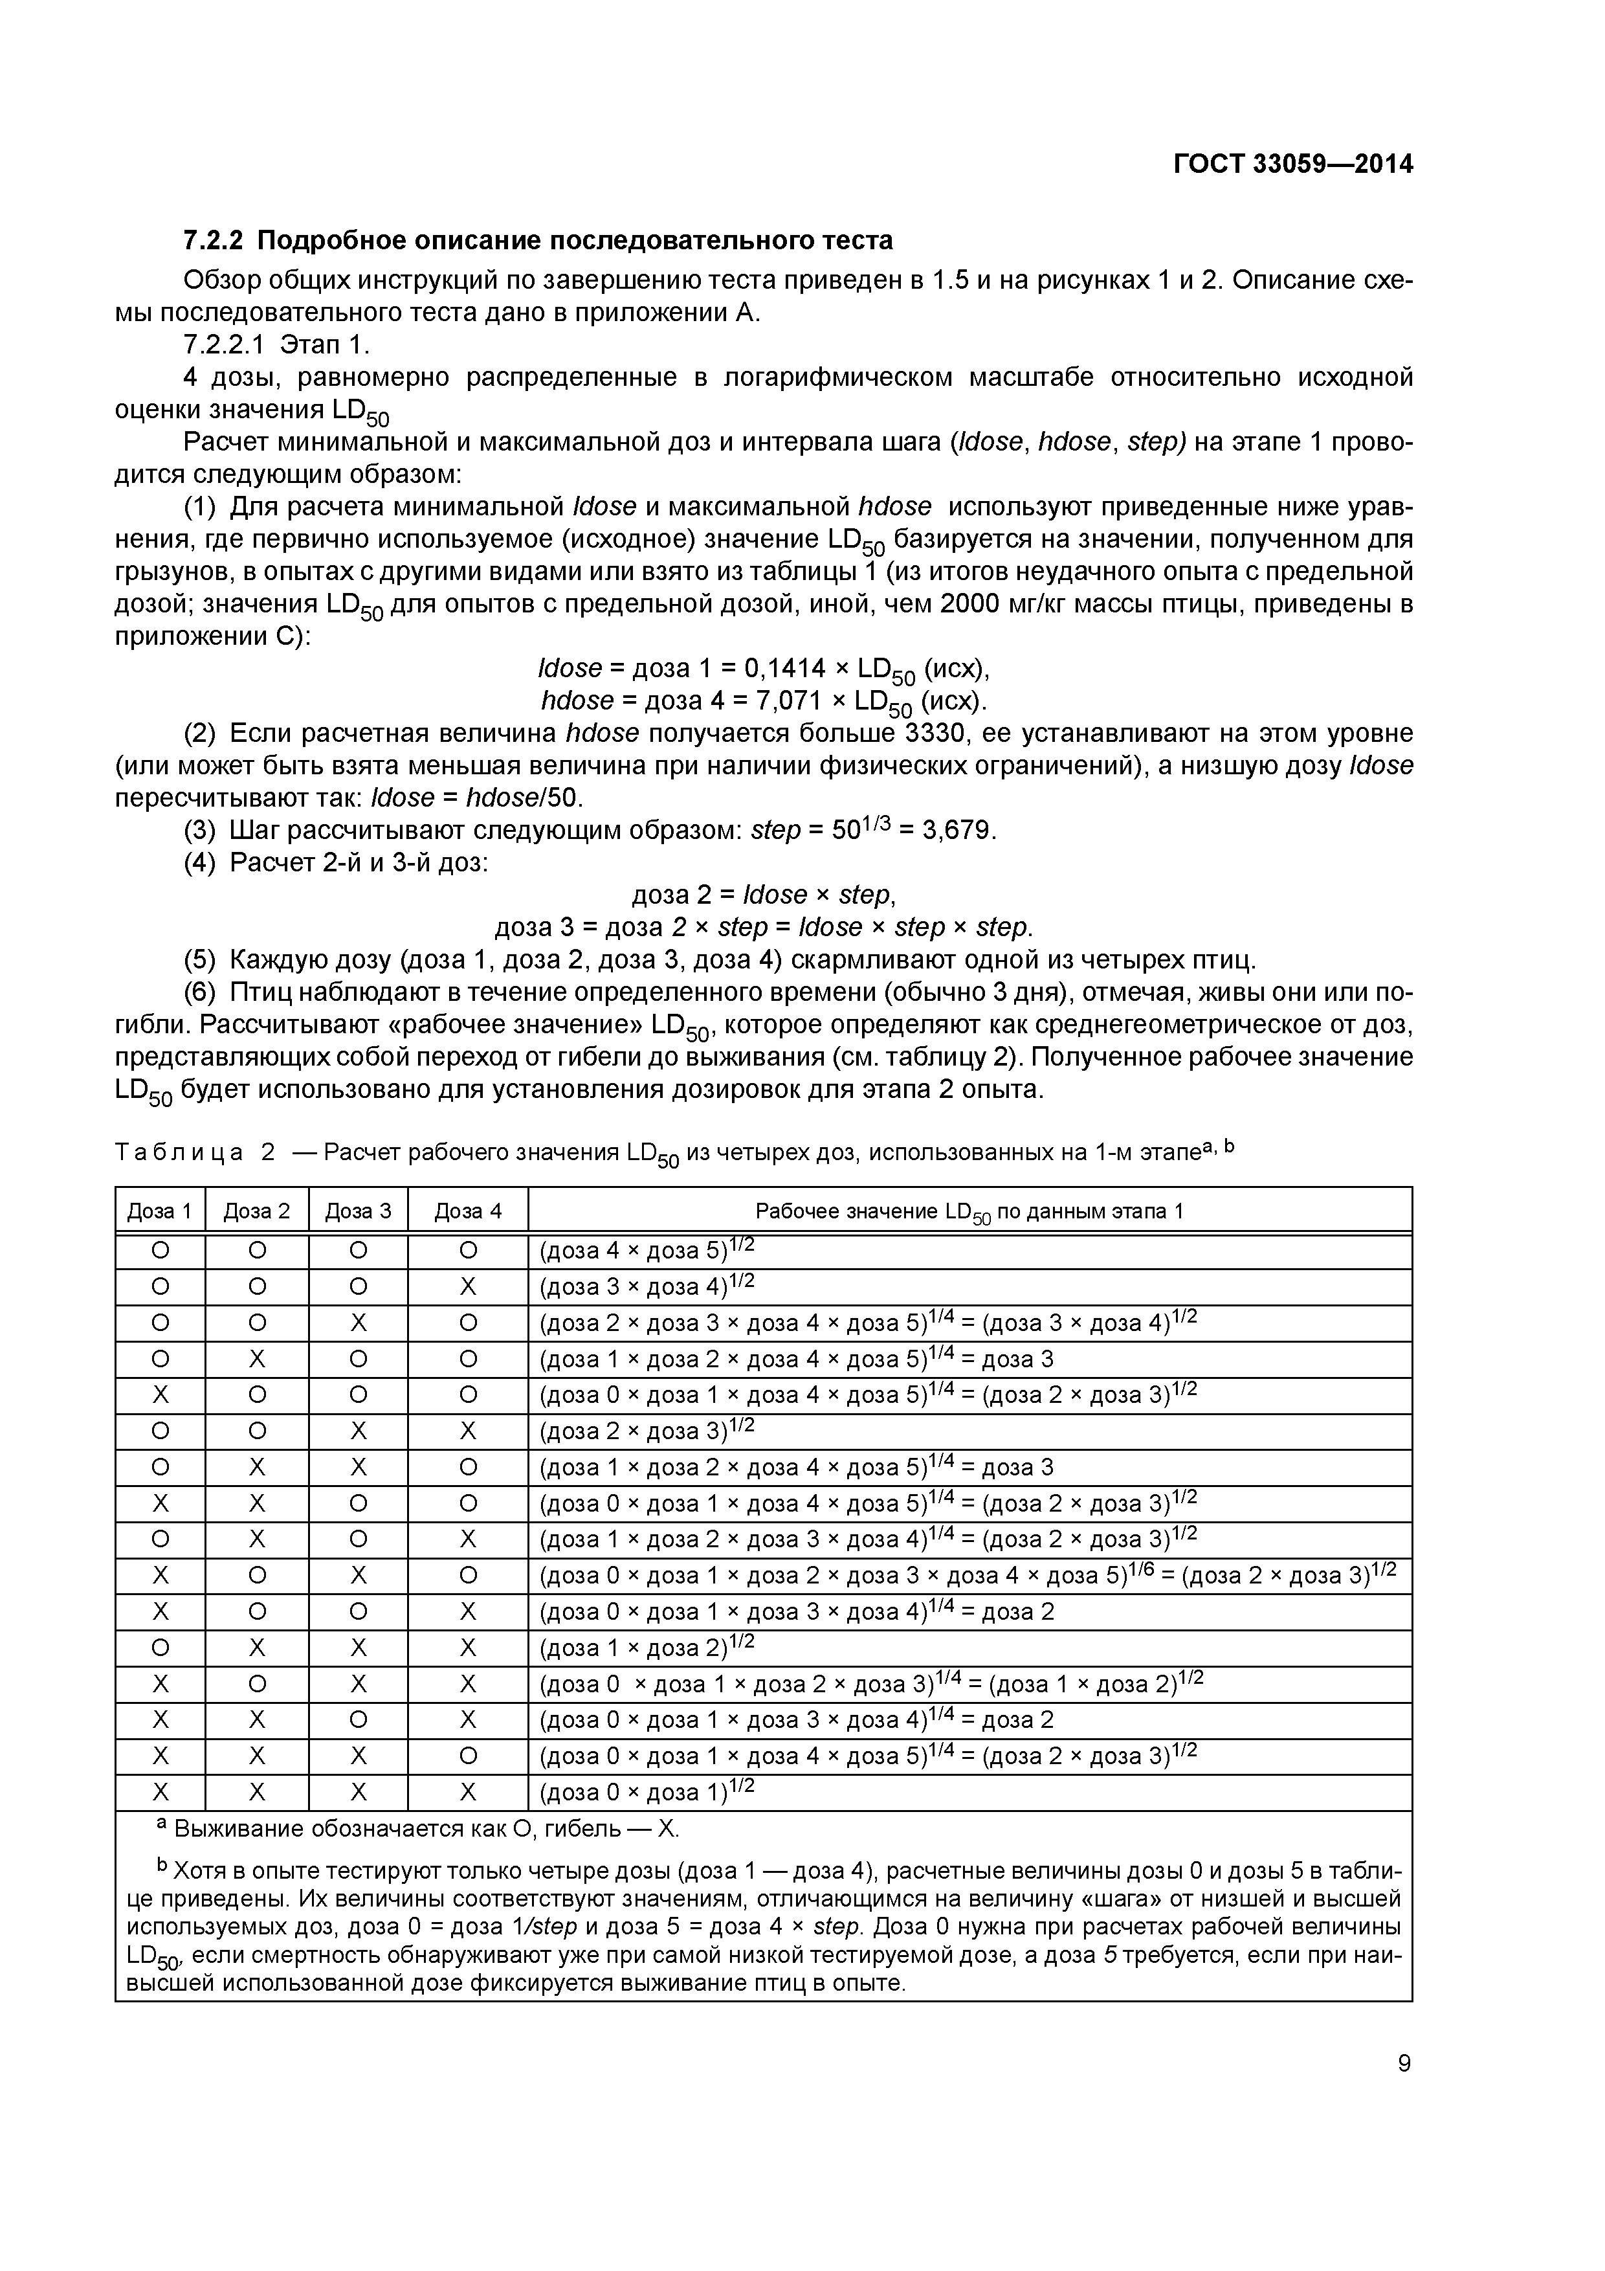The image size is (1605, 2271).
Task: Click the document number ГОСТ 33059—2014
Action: (1292, 164)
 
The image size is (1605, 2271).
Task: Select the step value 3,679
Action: (955, 830)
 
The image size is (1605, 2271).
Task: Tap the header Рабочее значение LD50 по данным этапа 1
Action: (968, 1212)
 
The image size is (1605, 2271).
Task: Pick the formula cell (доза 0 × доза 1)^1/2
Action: (647, 1793)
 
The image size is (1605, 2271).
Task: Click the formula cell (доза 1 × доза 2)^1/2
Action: (647, 1648)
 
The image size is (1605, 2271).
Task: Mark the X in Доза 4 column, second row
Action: (468, 1287)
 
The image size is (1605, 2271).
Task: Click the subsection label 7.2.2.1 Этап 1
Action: (276, 344)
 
